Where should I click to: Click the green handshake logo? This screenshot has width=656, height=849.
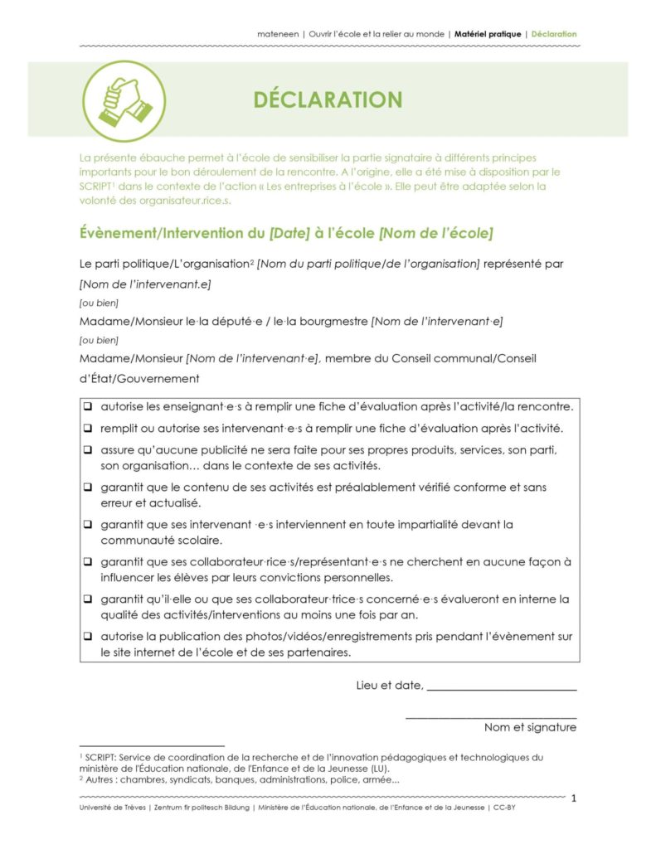(124, 101)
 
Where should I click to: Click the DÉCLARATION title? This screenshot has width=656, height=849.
(328, 100)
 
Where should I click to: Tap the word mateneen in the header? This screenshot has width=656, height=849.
(278, 34)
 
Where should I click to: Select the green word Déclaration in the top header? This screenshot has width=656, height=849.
(554, 34)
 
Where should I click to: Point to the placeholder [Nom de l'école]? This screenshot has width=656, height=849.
(435, 234)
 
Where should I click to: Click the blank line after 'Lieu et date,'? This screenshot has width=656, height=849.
(502, 686)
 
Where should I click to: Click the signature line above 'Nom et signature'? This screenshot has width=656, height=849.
(491, 716)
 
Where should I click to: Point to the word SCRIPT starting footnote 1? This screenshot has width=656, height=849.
(100, 757)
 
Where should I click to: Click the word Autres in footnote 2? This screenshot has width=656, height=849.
(100, 779)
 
